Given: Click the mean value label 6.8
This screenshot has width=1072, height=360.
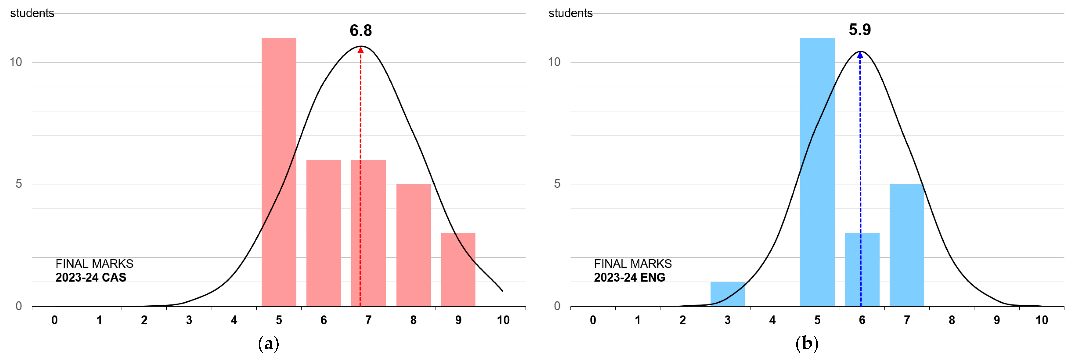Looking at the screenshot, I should tap(360, 30).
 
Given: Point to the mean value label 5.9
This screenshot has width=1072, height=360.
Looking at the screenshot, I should tap(860, 30).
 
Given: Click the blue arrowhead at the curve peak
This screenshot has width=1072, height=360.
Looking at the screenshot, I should tap(860, 55).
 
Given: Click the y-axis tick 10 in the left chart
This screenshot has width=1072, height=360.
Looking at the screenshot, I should tap(16, 62).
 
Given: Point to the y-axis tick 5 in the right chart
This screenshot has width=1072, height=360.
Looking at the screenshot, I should tap(557, 184).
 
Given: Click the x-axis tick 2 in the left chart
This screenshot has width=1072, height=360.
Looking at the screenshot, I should tap(144, 320).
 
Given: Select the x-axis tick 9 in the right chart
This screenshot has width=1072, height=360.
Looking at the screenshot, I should tap(997, 320).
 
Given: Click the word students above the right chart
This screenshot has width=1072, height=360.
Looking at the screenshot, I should tap(570, 13).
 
